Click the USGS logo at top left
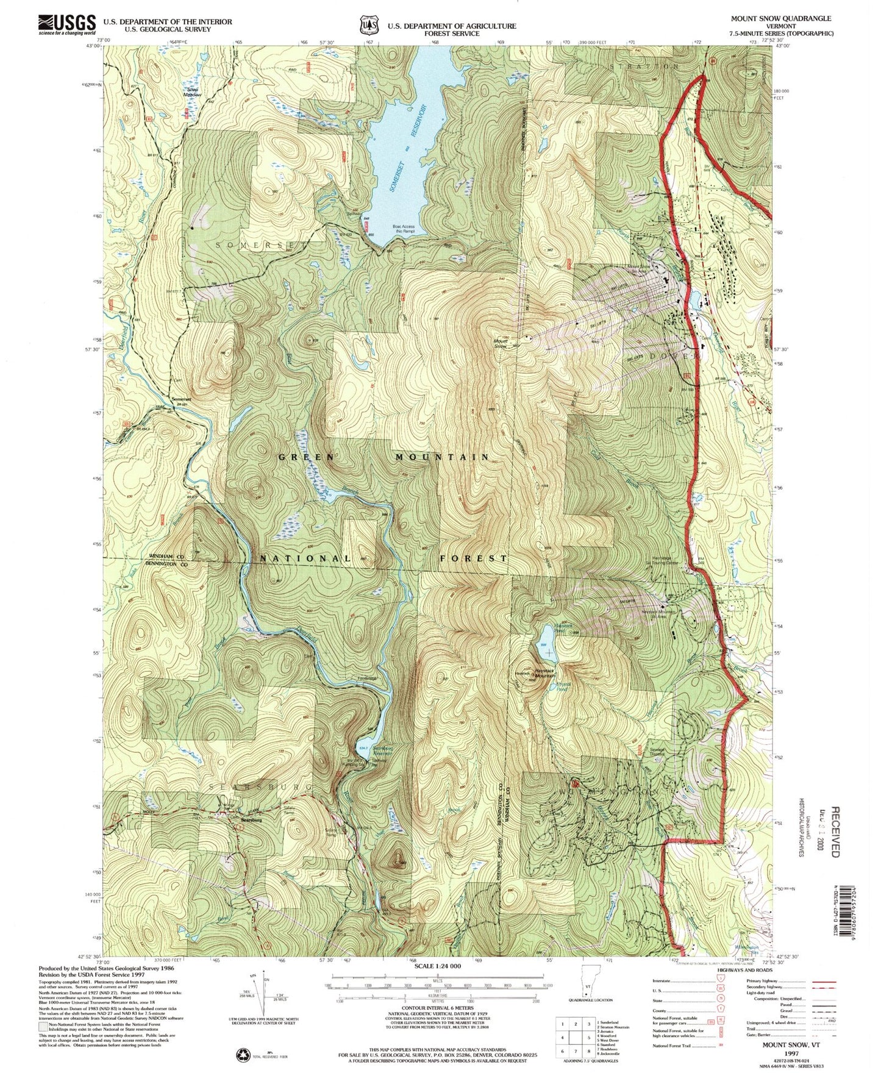[x=67, y=24]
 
